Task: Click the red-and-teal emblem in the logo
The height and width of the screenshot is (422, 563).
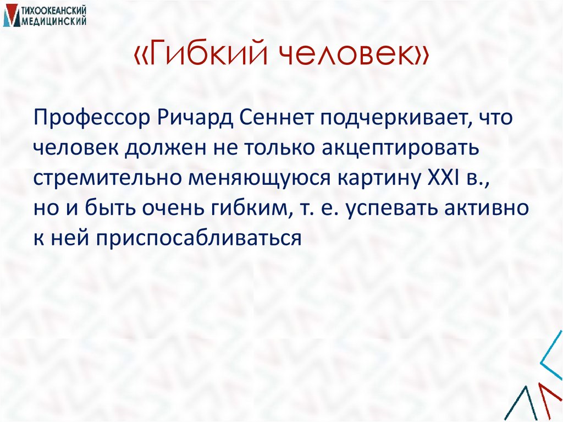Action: pos(10,16)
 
